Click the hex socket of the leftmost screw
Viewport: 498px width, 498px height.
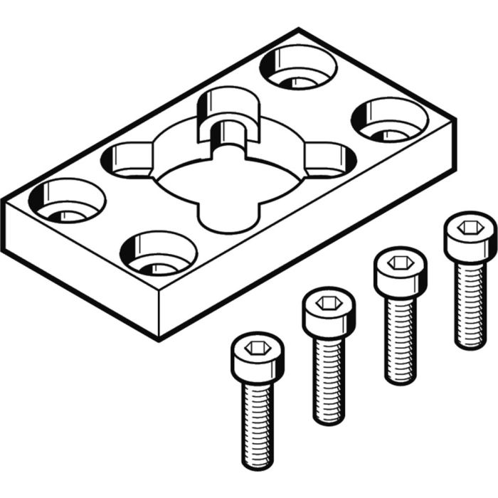258,348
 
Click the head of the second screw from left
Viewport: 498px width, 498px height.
328,312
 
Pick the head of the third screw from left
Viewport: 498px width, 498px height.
399,267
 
